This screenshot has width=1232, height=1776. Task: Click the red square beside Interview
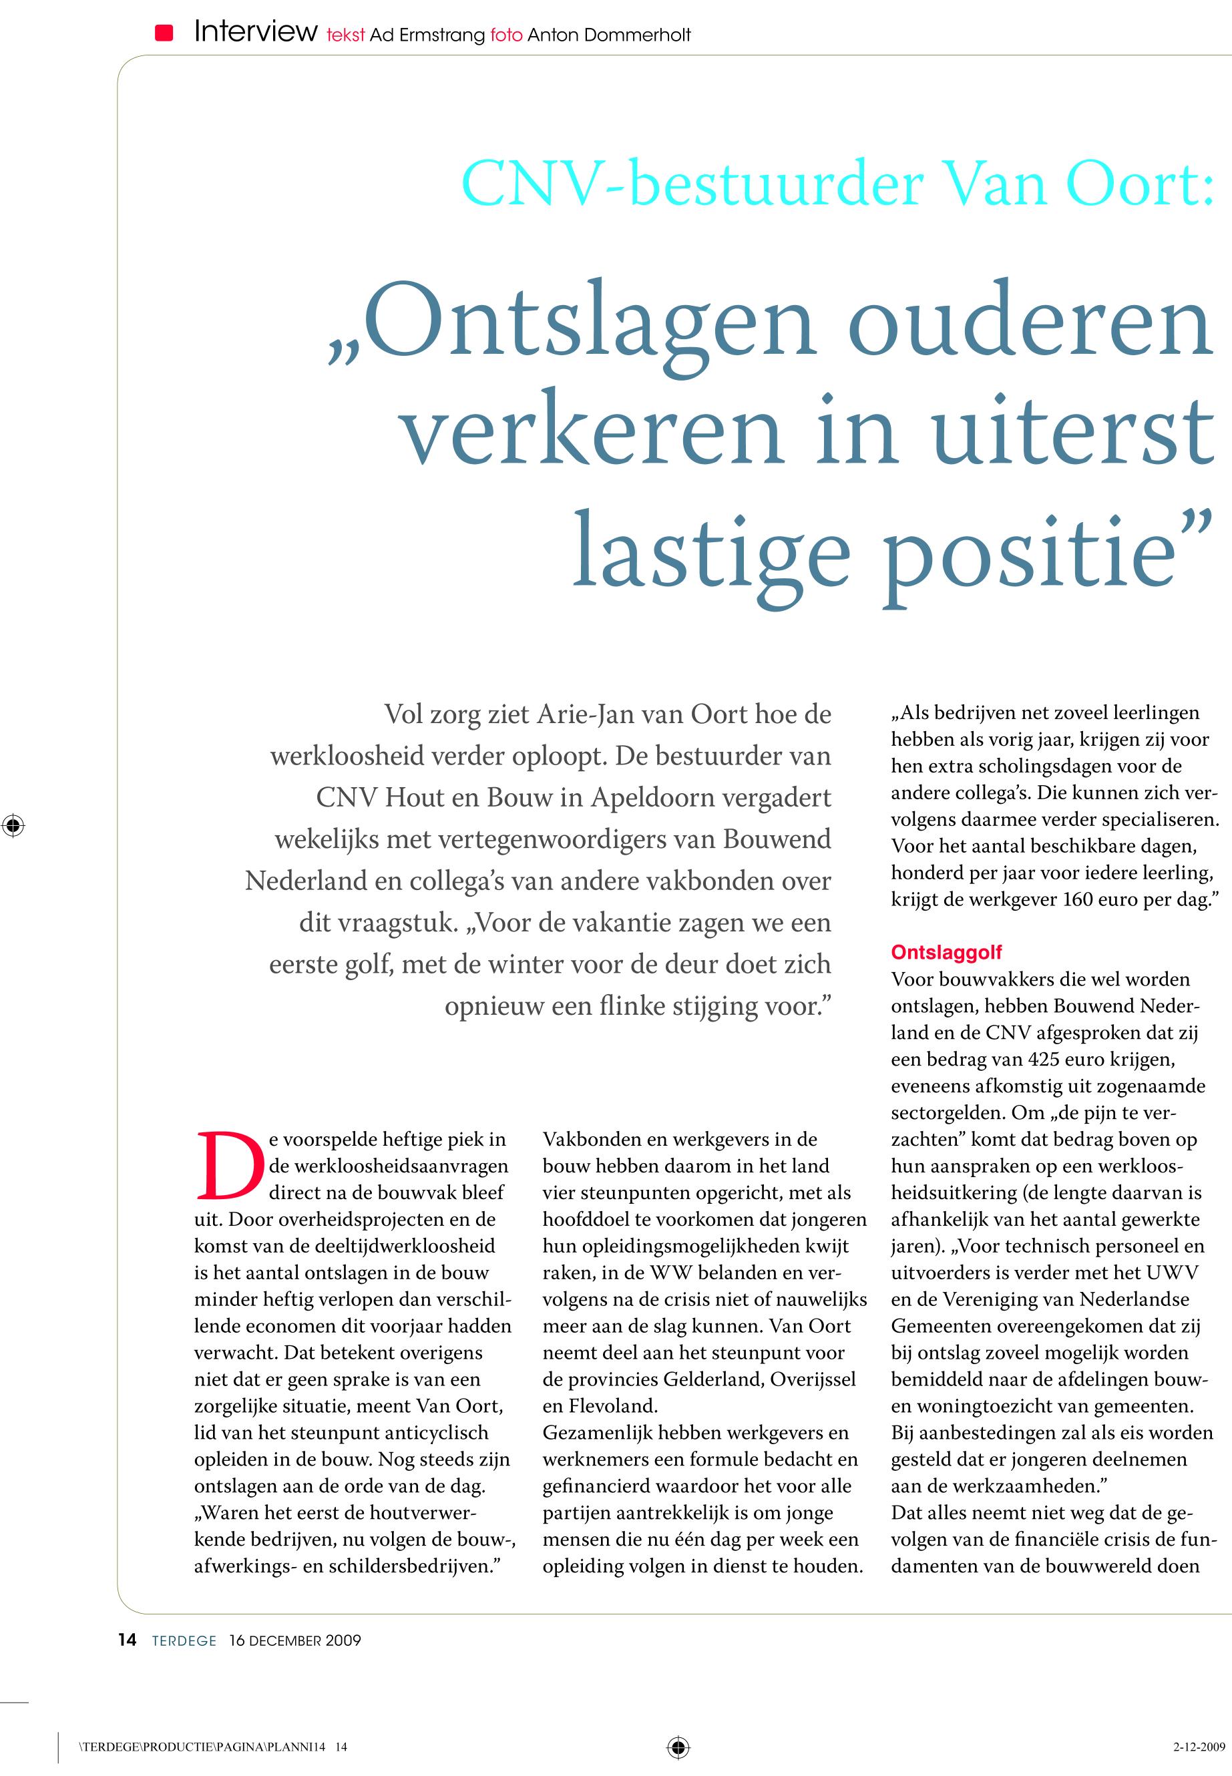point(164,33)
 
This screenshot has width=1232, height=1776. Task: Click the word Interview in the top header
point(256,31)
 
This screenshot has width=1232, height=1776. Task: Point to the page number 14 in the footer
point(128,1639)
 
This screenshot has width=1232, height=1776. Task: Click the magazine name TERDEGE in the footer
point(184,1640)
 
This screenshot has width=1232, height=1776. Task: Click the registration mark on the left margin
point(13,825)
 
